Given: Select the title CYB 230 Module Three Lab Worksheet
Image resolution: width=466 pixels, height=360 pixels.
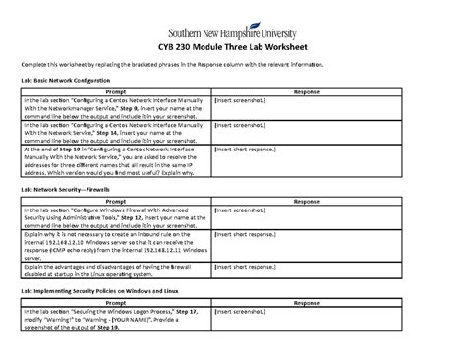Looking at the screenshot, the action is click(233, 46).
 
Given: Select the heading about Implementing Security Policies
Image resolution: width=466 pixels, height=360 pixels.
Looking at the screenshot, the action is click(101, 291).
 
